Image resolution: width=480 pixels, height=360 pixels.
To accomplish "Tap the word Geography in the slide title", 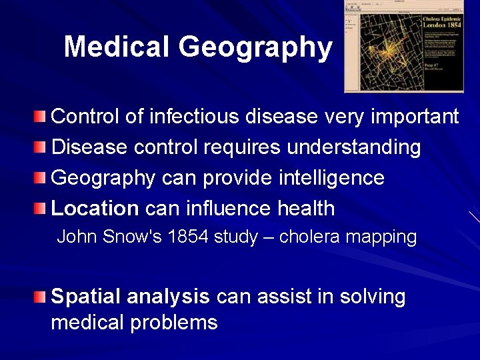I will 255,48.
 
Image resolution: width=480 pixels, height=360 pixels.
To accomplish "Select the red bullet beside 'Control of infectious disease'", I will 41,117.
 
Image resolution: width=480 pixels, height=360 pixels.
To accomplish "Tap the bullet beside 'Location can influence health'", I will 41,209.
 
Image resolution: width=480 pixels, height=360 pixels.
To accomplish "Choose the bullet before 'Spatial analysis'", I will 41,297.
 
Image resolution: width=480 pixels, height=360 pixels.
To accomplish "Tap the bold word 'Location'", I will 94,209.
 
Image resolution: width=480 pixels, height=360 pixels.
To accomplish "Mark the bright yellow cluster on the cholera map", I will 389,49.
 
